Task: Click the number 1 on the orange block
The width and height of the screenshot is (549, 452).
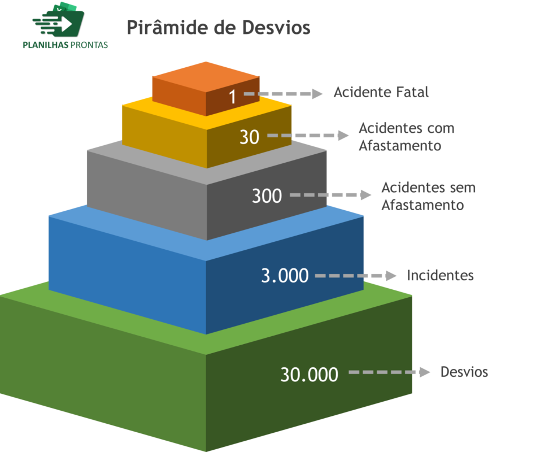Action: click(233, 97)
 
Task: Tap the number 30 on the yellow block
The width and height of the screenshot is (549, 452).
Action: click(249, 137)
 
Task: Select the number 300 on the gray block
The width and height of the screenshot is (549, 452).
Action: click(267, 195)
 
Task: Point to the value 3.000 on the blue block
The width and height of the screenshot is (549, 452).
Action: click(285, 276)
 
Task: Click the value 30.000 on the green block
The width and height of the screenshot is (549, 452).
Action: click(309, 374)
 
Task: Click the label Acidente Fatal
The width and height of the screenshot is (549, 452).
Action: click(381, 92)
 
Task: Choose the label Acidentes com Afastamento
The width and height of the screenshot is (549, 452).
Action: click(407, 137)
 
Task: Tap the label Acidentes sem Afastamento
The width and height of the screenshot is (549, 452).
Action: click(429, 196)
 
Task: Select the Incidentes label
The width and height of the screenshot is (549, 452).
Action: click(440, 276)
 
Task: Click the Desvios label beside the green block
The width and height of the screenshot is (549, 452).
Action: click(464, 372)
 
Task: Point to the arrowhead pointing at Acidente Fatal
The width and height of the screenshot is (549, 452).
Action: click(317, 94)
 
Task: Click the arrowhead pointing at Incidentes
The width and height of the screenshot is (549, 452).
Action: click(391, 276)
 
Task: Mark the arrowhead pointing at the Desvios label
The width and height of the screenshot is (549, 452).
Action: click(425, 372)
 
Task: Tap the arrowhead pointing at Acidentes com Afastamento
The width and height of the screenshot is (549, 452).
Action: click(343, 136)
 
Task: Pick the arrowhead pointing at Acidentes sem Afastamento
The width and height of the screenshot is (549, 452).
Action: click(366, 195)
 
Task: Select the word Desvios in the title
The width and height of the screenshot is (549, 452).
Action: click(276, 28)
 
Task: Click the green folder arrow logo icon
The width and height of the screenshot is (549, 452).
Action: click(59, 20)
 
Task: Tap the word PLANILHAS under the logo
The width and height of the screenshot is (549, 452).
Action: click(46, 45)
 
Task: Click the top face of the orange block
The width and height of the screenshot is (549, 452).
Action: click(206, 77)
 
